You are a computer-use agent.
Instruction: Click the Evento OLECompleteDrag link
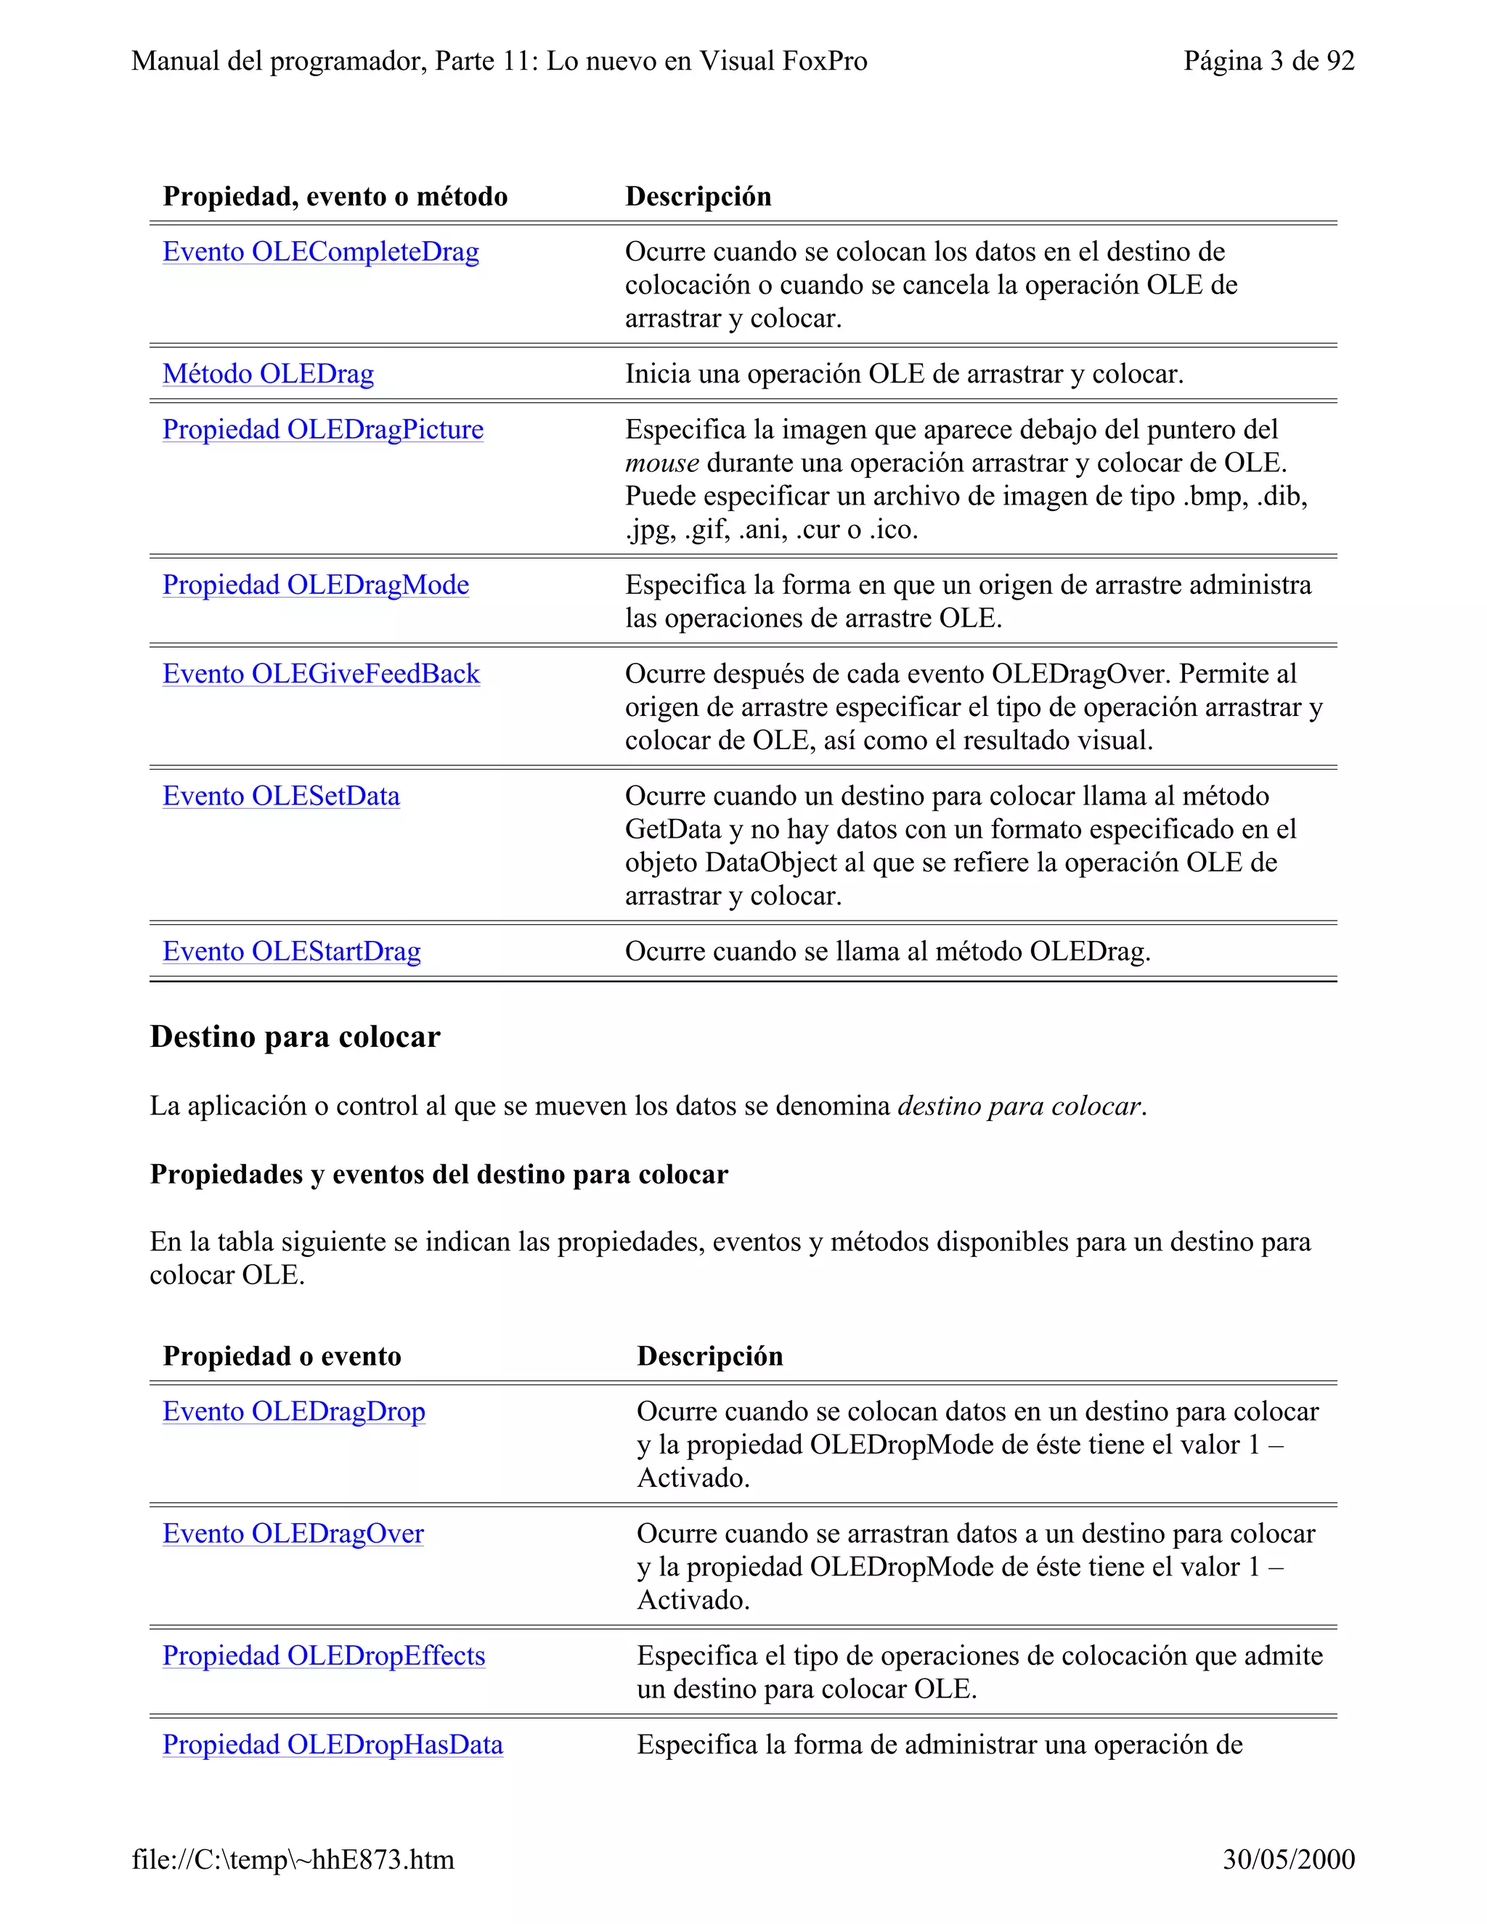(321, 252)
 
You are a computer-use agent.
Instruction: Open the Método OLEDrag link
(268, 375)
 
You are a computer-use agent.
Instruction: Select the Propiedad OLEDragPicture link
(322, 430)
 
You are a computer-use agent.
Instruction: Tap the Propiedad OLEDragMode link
(315, 586)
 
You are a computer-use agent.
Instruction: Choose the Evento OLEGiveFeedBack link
(321, 674)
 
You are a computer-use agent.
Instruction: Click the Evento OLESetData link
(281, 796)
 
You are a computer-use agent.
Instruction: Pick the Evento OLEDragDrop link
(293, 1412)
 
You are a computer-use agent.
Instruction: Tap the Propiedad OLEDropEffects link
(323, 1656)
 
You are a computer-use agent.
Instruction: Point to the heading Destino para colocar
(294, 1037)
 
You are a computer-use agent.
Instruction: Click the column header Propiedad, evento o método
(335, 197)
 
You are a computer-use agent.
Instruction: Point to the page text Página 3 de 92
(1268, 61)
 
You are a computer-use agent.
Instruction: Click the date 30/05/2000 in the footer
(1288, 1859)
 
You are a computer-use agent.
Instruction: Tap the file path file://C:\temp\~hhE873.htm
(293, 1859)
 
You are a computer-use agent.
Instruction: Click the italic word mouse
(661, 463)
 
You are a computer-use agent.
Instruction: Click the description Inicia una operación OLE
(904, 375)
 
